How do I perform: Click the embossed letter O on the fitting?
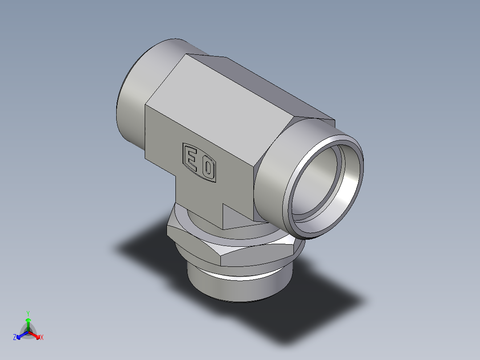tap(208, 168)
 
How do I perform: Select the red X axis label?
tap(42, 338)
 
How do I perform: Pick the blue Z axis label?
tap(15, 338)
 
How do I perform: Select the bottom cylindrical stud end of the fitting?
tap(236, 290)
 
